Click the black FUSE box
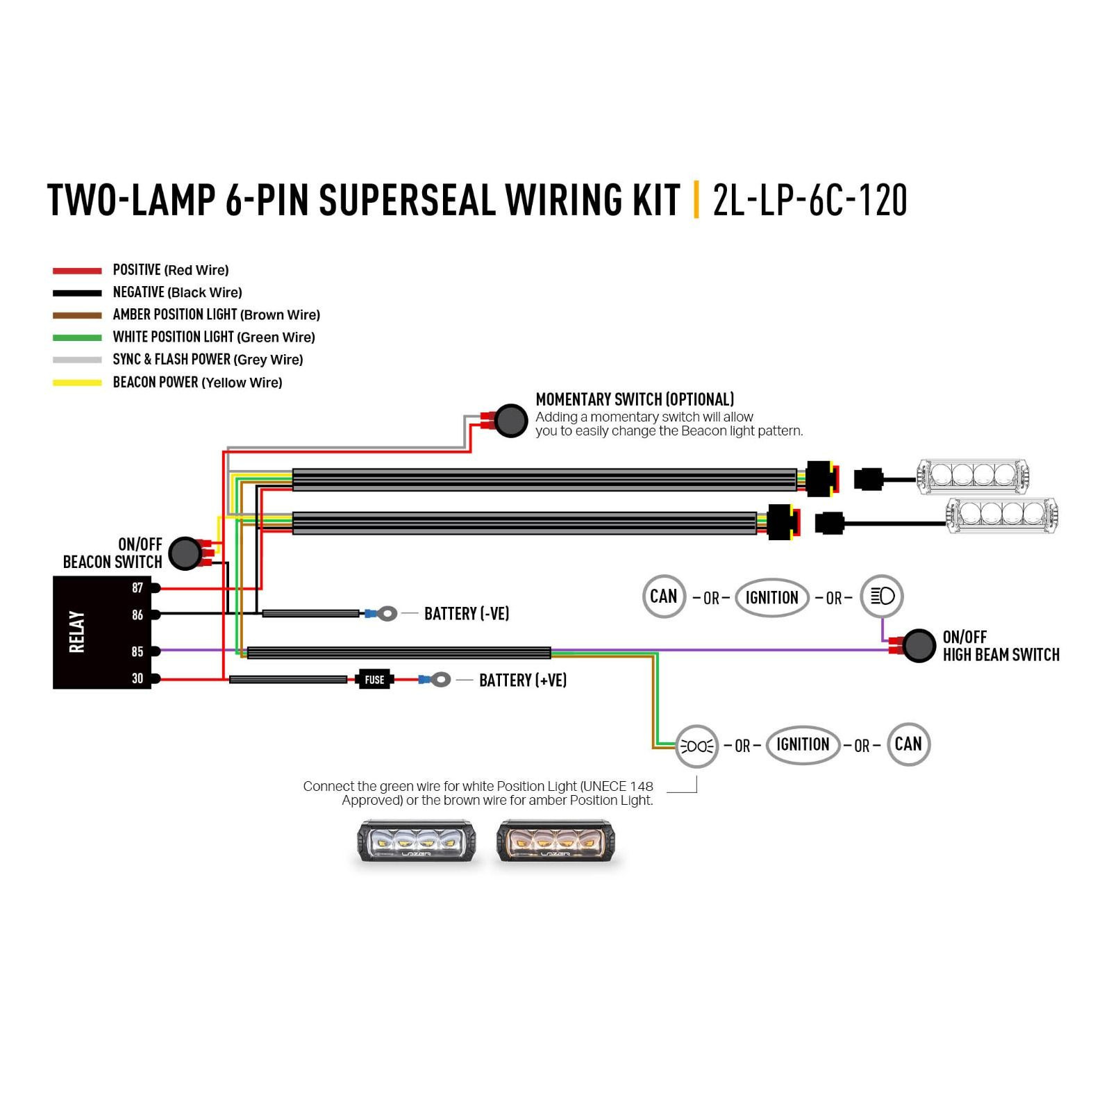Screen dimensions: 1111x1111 [x=374, y=680]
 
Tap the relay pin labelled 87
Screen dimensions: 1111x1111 [x=156, y=588]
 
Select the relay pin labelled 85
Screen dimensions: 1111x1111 [x=156, y=651]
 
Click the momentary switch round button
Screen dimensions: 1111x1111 [x=511, y=420]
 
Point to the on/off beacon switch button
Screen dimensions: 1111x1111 [x=185, y=553]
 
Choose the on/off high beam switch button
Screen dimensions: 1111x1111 [x=919, y=646]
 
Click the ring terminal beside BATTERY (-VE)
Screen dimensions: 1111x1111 [x=387, y=613]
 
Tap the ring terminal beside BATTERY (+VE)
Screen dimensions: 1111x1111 [x=441, y=679]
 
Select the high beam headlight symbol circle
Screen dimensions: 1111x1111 [x=882, y=596]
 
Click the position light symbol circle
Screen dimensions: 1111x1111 [x=696, y=746]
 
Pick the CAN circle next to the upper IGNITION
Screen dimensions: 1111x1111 [x=664, y=596]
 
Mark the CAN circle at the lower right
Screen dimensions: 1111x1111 [x=908, y=744]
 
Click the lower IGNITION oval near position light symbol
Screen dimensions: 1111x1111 [x=803, y=745]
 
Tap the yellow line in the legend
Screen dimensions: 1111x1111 [x=77, y=383]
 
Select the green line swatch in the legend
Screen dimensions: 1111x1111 [x=77, y=337]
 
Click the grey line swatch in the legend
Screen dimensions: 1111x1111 [x=77, y=360]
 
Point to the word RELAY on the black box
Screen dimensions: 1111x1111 [x=76, y=632]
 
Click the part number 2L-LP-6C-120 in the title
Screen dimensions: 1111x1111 [x=810, y=200]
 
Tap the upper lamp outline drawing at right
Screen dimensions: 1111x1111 [x=973, y=476]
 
